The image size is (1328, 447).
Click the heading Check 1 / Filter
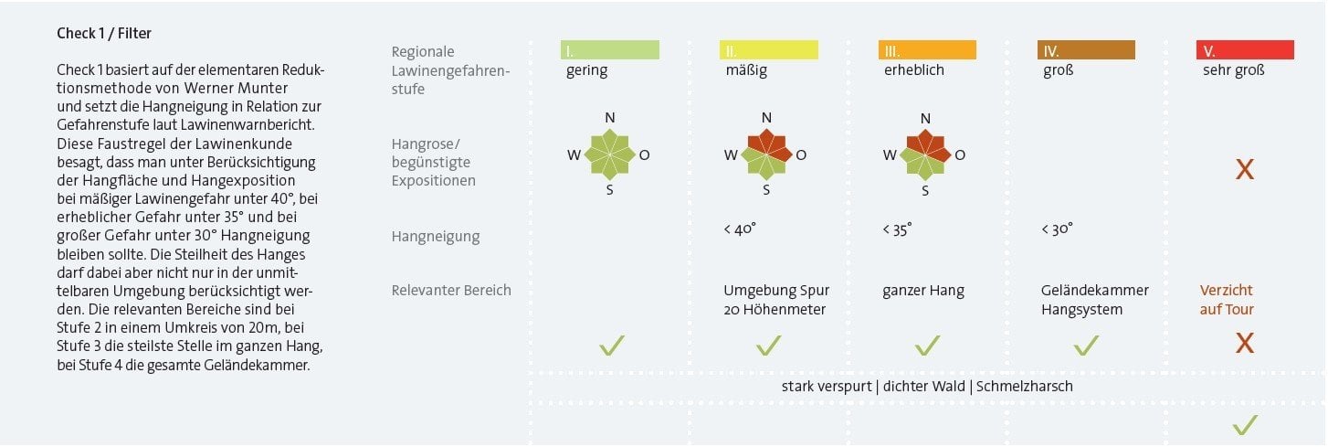click(x=104, y=34)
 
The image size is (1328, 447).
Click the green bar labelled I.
click(x=609, y=50)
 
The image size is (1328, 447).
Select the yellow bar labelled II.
click(x=768, y=50)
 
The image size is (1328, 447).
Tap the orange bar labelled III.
click(x=927, y=50)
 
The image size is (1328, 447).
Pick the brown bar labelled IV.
click(x=1086, y=50)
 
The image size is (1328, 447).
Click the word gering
click(x=586, y=70)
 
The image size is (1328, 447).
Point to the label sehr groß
click(x=1234, y=70)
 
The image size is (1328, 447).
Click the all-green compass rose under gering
click(x=609, y=154)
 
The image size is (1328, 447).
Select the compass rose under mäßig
click(x=767, y=154)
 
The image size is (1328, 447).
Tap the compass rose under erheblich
click(x=925, y=154)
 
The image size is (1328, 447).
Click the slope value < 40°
click(x=739, y=229)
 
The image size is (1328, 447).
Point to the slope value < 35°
click(x=897, y=229)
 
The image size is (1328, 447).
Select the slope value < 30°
click(x=1057, y=229)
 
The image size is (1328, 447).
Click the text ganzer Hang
click(x=923, y=291)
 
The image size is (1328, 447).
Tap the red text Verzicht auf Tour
click(x=1227, y=300)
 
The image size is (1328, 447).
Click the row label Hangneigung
click(x=436, y=237)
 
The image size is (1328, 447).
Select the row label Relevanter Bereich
click(x=451, y=291)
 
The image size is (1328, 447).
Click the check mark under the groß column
click(x=1085, y=345)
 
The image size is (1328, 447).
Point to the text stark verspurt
click(x=826, y=386)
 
